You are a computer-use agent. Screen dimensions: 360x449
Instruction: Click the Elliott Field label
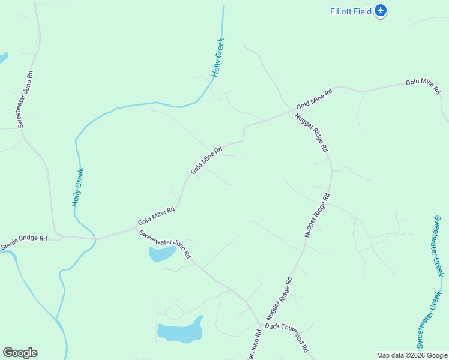[351, 11]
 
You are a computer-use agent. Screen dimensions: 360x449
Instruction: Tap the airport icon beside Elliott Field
[380, 11]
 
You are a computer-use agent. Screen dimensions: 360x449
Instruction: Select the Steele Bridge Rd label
[23, 242]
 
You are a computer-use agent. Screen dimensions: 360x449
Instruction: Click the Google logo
[20, 353]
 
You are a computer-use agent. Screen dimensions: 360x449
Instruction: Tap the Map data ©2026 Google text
[412, 355]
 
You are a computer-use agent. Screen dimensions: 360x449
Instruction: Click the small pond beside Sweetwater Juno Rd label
[161, 254]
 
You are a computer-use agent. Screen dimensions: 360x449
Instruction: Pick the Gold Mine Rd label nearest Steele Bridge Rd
[156, 215]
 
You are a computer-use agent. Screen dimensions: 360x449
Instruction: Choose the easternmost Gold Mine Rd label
[423, 87]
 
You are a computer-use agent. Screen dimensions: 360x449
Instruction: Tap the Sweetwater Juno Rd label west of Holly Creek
[25, 99]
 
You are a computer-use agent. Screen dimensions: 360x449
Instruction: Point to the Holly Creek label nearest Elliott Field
[218, 58]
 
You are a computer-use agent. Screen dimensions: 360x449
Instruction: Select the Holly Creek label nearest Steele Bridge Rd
[78, 187]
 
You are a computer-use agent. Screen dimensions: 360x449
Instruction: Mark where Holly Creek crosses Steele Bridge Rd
[95, 239]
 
